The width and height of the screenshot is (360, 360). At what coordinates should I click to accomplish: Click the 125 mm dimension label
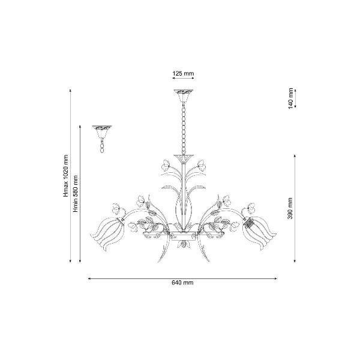coord(183,73)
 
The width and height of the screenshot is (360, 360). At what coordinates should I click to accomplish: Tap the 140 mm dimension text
coord(291,98)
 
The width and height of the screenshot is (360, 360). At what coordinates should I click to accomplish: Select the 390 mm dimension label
coord(290,208)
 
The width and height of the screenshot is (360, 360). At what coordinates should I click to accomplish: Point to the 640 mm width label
coord(182,283)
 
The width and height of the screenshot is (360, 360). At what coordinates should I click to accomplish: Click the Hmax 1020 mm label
coord(66,176)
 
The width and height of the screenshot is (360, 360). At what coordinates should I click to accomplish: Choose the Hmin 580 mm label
coord(76,194)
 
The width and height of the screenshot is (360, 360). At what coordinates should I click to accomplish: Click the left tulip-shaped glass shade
coord(107,233)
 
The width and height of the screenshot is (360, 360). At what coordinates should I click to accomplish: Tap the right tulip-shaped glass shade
coord(260,233)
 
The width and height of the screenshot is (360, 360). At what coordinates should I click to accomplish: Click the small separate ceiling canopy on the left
coord(102,132)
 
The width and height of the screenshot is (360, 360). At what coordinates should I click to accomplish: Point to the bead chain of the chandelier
coord(184,129)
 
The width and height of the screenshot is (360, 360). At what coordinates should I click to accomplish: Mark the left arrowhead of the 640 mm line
coord(89,279)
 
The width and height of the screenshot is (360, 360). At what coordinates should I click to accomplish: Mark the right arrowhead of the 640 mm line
coord(276,279)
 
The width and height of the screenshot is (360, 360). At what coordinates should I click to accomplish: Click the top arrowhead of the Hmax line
coord(70,91)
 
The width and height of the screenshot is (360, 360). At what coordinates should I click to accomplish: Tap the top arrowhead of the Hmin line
coord(80,127)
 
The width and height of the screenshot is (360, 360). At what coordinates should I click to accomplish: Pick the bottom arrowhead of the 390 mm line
coord(295,260)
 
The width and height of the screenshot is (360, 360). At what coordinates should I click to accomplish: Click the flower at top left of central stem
coord(166,165)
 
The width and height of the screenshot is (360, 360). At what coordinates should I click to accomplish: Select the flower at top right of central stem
coord(202,165)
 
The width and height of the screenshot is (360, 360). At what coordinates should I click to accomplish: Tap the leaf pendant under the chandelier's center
coord(184,245)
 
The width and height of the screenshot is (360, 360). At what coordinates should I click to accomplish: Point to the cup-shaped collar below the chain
coord(184,158)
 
